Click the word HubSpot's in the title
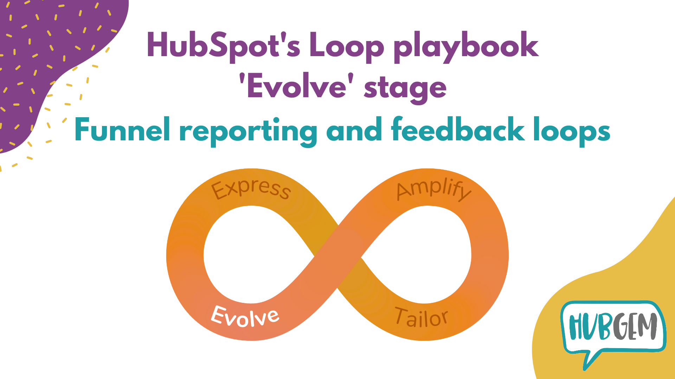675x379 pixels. (x=224, y=46)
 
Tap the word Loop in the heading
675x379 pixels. (x=346, y=46)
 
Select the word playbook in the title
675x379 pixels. (x=466, y=46)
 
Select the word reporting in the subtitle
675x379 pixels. (x=248, y=131)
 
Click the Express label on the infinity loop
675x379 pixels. (x=251, y=189)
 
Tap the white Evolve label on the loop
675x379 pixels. (x=245, y=317)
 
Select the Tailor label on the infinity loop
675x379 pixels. (x=421, y=318)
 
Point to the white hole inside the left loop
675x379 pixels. (x=251, y=254)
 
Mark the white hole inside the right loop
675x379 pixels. (x=424, y=254)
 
